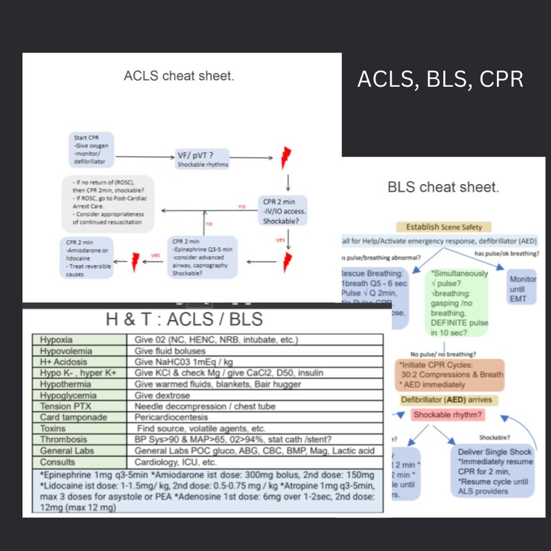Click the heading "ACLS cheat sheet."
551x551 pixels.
(x=178, y=76)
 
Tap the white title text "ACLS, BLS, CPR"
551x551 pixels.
(x=440, y=79)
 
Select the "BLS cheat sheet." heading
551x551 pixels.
(x=442, y=187)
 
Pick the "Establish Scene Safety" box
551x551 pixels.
(x=444, y=226)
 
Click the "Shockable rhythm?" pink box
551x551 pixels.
(x=449, y=415)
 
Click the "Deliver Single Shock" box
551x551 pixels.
(x=495, y=471)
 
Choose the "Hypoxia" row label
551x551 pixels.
(x=56, y=340)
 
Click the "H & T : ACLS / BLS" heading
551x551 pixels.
(x=185, y=319)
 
